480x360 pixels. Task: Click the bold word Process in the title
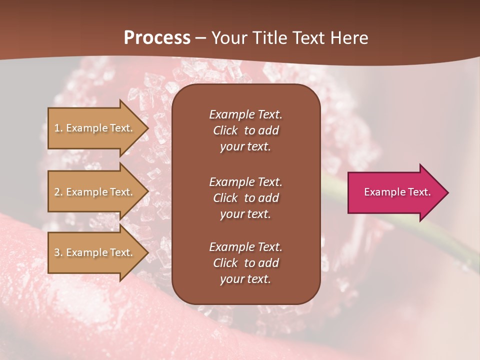click(x=157, y=38)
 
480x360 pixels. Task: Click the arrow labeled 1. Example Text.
click(x=95, y=128)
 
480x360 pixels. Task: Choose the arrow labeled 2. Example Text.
click(x=95, y=192)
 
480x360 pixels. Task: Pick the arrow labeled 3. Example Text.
click(x=95, y=252)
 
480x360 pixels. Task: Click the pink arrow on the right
click(x=395, y=192)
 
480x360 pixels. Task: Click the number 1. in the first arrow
click(x=58, y=128)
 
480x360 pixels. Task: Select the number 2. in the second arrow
click(x=58, y=192)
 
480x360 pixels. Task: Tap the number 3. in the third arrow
click(x=58, y=252)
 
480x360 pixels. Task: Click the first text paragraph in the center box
click(x=245, y=130)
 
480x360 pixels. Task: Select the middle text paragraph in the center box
click(x=245, y=197)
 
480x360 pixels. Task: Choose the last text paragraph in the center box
click(x=245, y=263)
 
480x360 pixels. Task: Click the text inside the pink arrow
click(x=397, y=192)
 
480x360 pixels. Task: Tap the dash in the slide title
click(x=200, y=38)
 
